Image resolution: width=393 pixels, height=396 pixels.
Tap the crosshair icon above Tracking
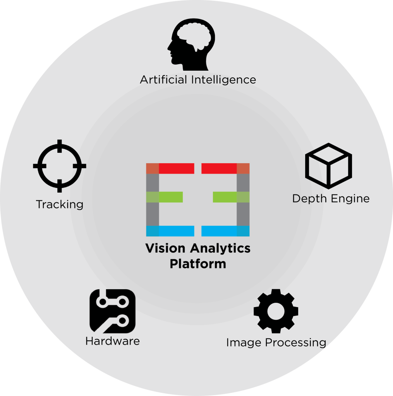tap(60, 166)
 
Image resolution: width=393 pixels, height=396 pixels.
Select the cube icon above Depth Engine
tap(329, 166)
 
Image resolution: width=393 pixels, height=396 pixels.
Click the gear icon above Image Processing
tap(276, 311)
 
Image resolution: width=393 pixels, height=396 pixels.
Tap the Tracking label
tap(60, 204)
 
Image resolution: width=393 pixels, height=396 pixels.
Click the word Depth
tap(307, 199)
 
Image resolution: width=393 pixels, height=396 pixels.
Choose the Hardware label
tap(112, 341)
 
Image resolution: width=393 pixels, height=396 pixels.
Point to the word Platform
tap(198, 265)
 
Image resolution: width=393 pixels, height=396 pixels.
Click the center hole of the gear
tap(276, 310)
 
